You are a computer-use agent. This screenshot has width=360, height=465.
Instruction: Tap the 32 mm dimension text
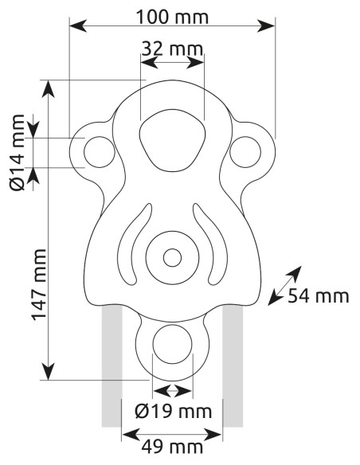pos(173,50)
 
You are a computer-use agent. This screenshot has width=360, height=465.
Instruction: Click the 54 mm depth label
pos(319,296)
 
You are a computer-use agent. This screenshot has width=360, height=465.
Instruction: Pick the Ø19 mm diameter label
pos(173,412)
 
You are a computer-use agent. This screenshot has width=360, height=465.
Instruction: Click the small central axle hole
pos(172,257)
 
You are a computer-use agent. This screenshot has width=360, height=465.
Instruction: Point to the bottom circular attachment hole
pos(172,347)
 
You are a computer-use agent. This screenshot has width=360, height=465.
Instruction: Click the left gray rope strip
pos(112,366)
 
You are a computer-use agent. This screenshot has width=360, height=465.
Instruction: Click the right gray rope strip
pos(233,366)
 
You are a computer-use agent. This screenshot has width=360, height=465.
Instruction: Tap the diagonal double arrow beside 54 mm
pos(284,285)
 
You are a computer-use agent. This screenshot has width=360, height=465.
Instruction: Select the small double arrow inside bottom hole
pos(173,391)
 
